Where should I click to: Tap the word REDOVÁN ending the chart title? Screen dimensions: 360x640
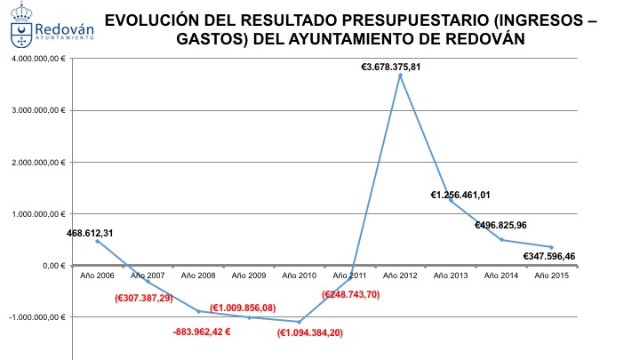[483, 39]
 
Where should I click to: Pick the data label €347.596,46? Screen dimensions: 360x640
[541, 256]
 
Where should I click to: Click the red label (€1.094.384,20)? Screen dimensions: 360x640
[311, 332]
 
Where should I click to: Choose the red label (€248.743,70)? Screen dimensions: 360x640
[350, 293]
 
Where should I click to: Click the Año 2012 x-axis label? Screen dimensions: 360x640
[400, 276]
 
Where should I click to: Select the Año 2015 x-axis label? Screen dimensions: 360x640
[552, 276]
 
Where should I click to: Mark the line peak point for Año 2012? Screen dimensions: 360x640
[400, 76]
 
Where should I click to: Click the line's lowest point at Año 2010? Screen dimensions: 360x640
[299, 322]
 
